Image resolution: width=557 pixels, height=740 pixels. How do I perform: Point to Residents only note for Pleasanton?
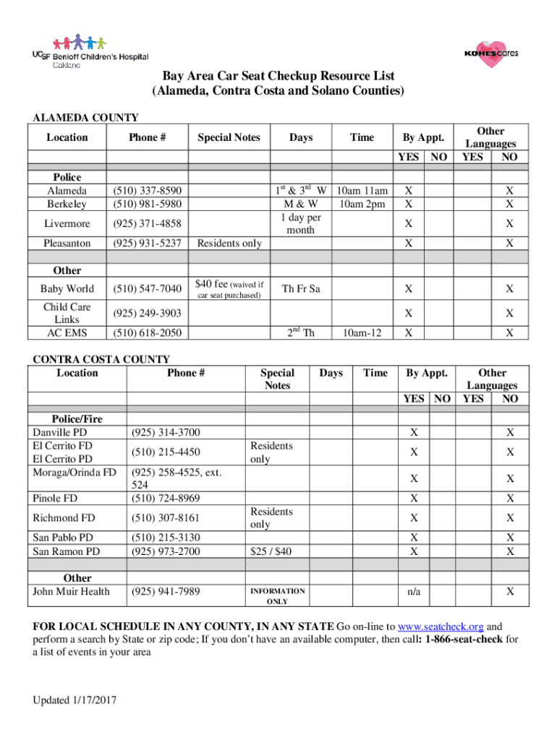[x=229, y=244]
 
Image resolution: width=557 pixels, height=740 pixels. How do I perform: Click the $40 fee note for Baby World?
[x=229, y=288]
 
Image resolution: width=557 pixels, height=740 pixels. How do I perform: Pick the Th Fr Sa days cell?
[x=301, y=288]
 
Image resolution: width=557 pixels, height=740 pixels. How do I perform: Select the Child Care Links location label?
[x=67, y=313]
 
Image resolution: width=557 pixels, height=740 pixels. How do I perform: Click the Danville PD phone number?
[x=164, y=433]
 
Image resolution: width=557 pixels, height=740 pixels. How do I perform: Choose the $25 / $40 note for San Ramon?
[x=271, y=551]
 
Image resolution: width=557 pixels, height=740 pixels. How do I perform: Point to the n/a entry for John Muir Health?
[x=414, y=592]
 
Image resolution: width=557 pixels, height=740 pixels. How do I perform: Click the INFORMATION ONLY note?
[x=278, y=596]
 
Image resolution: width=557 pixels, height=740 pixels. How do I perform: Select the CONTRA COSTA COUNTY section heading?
[x=102, y=359]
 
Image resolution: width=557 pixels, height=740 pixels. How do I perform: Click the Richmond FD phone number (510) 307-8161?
[x=164, y=517]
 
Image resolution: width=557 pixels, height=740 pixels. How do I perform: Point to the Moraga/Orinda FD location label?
[x=75, y=472]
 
